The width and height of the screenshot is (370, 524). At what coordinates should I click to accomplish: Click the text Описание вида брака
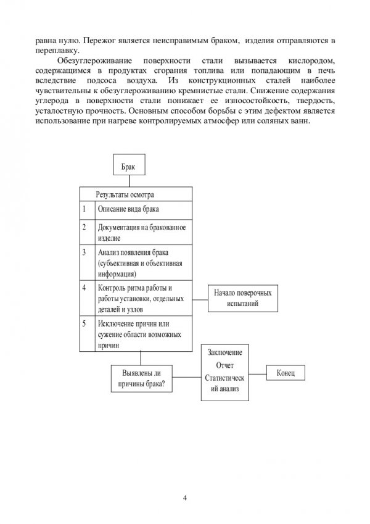pyautogui.click(x=124, y=209)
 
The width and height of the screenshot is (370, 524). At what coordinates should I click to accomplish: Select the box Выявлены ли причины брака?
pyautogui.click(x=141, y=379)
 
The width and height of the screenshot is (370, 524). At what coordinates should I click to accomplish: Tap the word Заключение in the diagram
pyautogui.click(x=225, y=352)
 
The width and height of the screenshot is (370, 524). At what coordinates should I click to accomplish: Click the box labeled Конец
pyautogui.click(x=289, y=373)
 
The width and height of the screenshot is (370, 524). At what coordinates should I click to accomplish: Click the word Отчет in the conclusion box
pyautogui.click(x=225, y=365)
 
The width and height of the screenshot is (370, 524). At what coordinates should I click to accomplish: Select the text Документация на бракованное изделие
pyautogui.click(x=141, y=232)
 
